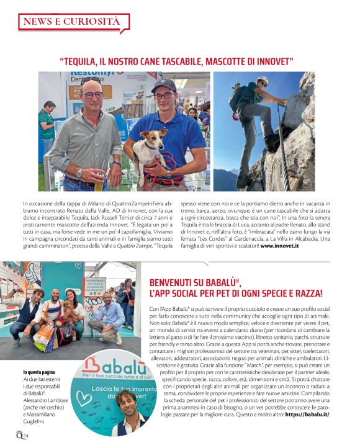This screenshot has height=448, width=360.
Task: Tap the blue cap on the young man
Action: tap(164, 84)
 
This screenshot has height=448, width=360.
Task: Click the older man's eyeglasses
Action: tap(92, 95)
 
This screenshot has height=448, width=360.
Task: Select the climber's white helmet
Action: tap(263, 80)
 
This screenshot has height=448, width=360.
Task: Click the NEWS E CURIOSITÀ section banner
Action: tap(71, 22)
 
